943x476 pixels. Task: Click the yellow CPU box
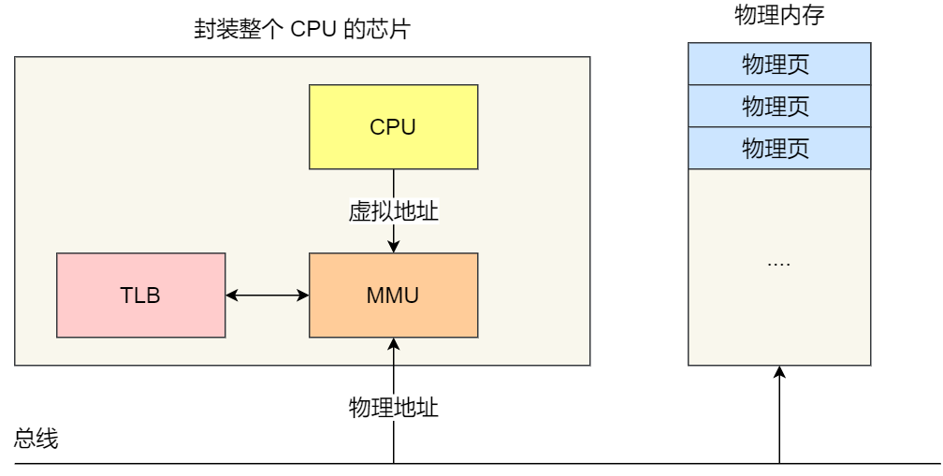coord(393,126)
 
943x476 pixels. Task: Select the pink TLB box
coord(140,295)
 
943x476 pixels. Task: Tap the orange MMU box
coord(393,295)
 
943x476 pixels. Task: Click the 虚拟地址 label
coord(393,211)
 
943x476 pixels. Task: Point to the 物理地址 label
coord(393,408)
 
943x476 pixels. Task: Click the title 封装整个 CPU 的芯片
coord(301,32)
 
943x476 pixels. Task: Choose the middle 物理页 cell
coord(778,106)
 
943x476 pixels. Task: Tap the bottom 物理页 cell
coord(778,148)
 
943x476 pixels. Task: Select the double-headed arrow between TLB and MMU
coord(268,296)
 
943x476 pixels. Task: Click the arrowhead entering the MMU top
coord(393,247)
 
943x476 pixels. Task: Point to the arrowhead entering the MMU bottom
coord(393,343)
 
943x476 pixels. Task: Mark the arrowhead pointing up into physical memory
coord(779,371)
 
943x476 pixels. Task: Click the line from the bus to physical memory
coord(779,421)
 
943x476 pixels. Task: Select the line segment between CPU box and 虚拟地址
coord(393,183)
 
